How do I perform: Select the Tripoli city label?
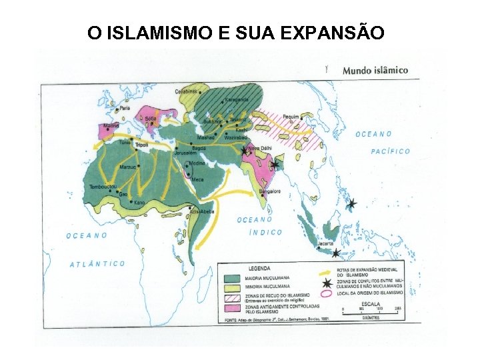pos(141,145)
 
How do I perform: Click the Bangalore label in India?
pos(268,191)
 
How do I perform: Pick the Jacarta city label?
pos(324,244)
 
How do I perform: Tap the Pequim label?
pos(290,116)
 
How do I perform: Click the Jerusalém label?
pos(185,153)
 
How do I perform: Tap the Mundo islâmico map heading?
pos(375,69)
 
